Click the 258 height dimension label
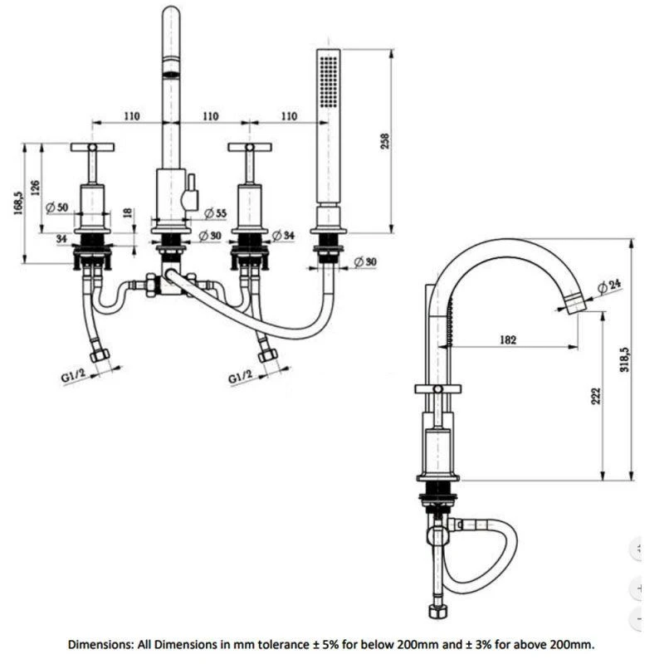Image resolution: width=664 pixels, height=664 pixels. [x=383, y=142]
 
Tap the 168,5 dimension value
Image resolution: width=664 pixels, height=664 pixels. [x=17, y=204]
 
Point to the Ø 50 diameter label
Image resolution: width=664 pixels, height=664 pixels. [x=56, y=207]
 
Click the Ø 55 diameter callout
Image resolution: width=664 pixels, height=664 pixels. [x=215, y=213]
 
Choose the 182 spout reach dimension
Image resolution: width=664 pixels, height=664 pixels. [x=509, y=339]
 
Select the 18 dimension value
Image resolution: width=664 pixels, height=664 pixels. [x=127, y=213]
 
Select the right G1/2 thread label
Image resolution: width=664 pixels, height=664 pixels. [x=242, y=378]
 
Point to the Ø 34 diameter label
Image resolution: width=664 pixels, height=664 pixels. [x=283, y=236]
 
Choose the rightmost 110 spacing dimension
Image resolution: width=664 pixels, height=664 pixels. [x=289, y=116]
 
